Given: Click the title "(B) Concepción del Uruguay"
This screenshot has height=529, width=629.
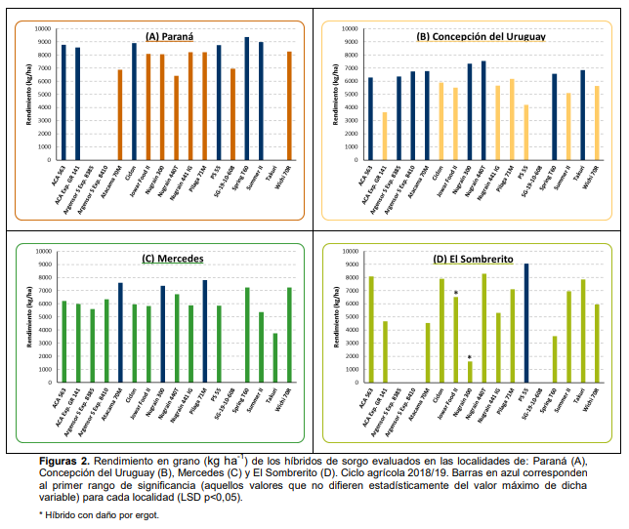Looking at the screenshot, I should (481, 36).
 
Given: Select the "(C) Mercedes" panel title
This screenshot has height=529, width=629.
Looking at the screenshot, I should (172, 259).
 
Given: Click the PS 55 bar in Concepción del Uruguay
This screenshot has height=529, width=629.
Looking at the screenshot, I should (525, 132).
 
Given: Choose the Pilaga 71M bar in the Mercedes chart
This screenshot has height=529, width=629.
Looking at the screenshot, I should (205, 331).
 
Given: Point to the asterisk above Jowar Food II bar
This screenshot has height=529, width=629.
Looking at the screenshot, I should (456, 292).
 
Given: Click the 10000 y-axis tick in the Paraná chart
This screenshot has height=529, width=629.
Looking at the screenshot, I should (44, 28).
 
